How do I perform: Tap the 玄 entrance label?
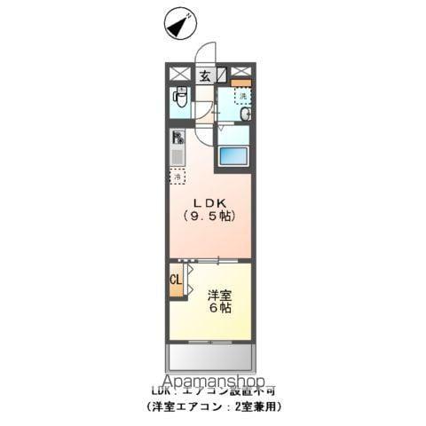point(204,75)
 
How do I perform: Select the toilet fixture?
point(180,100)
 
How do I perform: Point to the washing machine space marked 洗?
point(241,96)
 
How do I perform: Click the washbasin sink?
point(245,114)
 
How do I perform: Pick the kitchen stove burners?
point(177,138)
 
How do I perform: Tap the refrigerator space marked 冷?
point(177,176)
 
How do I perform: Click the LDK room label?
point(209,201)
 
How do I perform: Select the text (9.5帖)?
point(209,217)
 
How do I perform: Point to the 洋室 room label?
point(221,294)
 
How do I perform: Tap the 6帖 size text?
point(221,309)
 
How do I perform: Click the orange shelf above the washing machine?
point(241,83)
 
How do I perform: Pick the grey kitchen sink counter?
point(177,157)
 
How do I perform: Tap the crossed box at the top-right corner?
point(241,73)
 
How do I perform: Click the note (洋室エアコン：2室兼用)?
point(213,405)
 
